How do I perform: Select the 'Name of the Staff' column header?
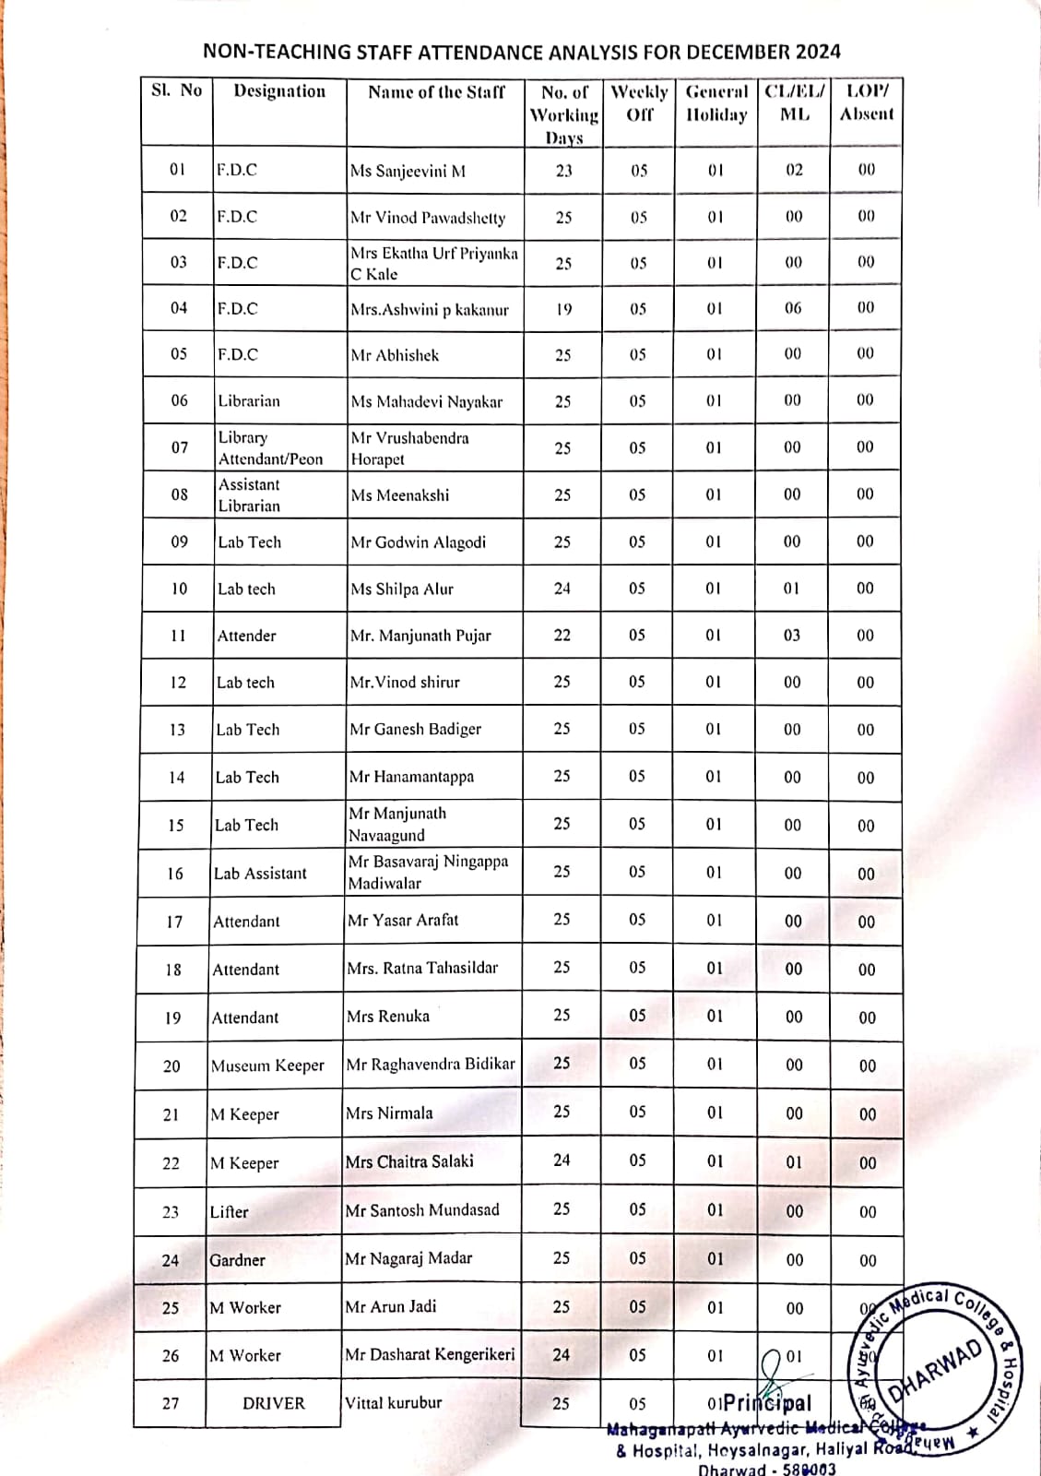coord(436,92)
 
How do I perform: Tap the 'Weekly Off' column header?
coord(639,103)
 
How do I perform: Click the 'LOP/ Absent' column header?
coord(867,103)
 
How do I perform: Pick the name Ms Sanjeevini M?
coord(408,171)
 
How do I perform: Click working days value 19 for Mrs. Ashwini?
coord(563,309)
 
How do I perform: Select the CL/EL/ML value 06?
coord(793,308)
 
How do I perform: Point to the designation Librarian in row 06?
coord(249,401)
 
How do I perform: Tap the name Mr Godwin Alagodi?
coord(418,542)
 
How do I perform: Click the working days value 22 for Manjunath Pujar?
coord(562,636)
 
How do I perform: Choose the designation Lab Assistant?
coord(260,874)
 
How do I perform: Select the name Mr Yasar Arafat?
coord(403,921)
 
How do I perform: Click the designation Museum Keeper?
coord(267,1066)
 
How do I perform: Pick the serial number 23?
coord(171,1212)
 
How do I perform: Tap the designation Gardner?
coord(237,1260)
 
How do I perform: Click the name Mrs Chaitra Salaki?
coord(409,1161)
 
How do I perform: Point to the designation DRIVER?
coord(273,1403)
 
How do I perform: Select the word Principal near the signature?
coord(767,1403)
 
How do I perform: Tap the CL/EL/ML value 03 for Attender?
coord(792,636)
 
